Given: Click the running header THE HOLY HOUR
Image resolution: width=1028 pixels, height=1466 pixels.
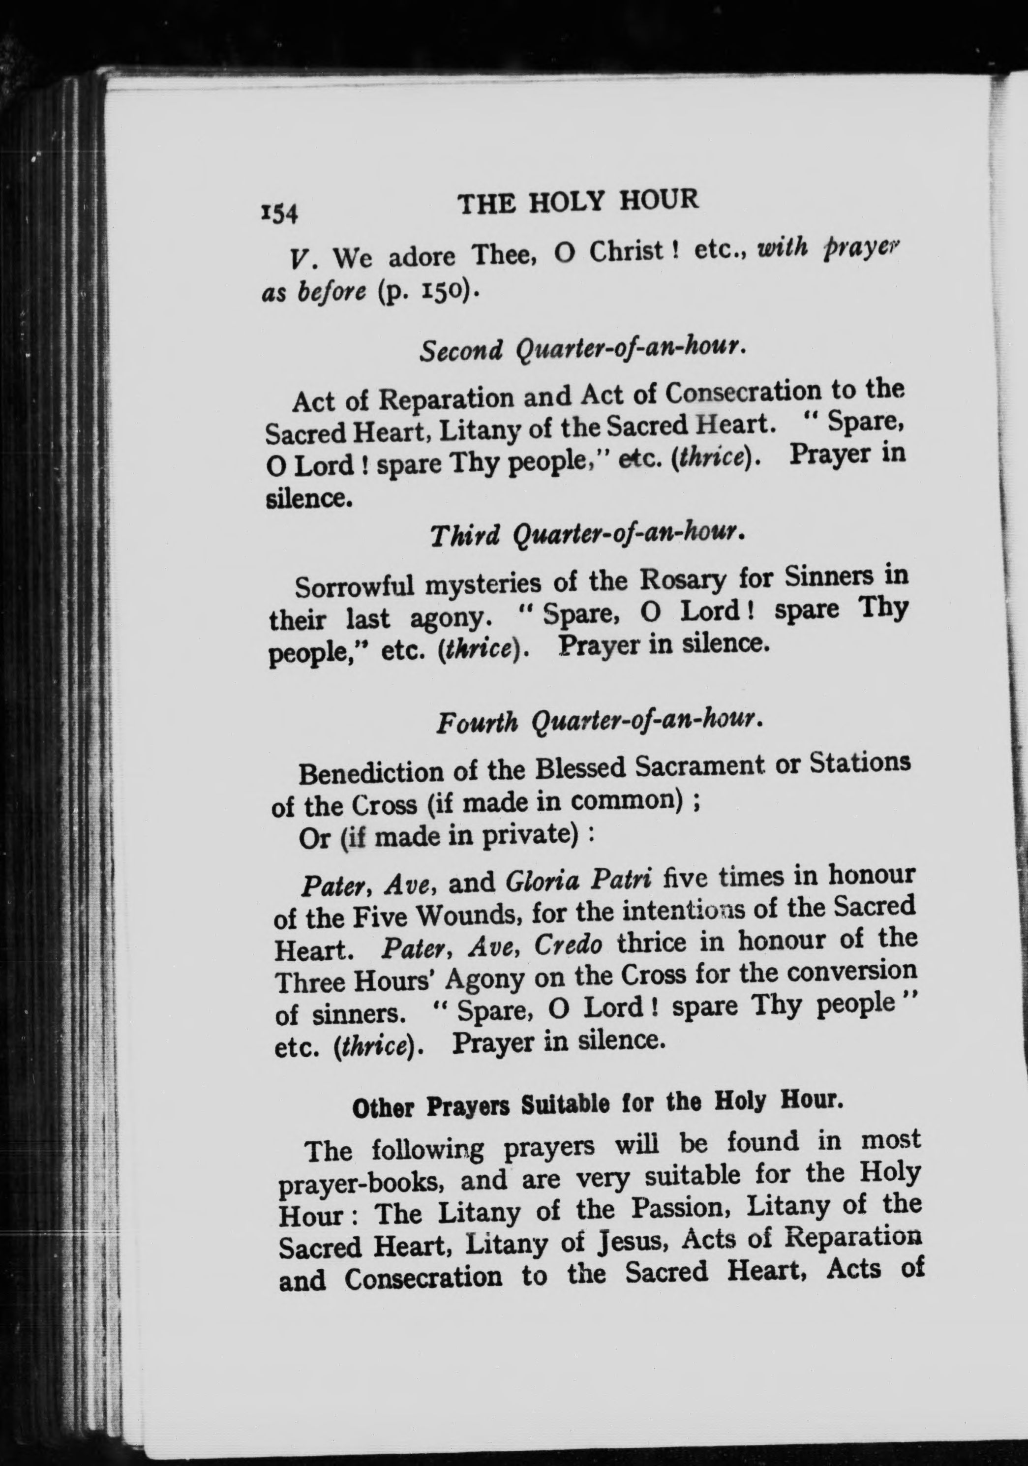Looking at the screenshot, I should (x=578, y=202).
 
